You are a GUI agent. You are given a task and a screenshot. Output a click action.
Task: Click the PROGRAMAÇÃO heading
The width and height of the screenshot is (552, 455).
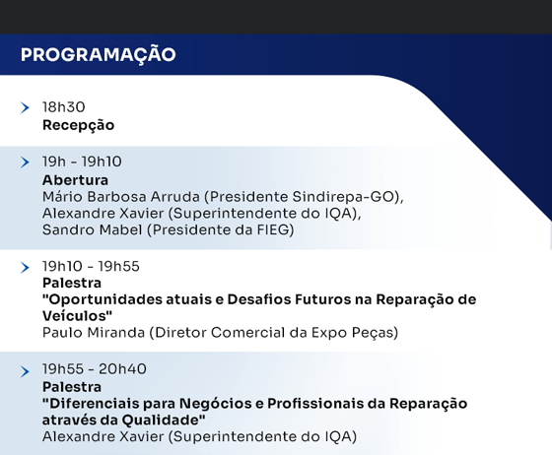coord(99,55)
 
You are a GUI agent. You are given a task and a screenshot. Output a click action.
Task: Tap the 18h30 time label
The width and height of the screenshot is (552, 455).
coord(64,107)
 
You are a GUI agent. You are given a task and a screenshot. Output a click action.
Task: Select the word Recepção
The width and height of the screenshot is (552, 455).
coord(78,126)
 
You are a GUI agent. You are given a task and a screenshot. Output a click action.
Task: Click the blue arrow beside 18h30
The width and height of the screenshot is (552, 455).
coord(25,107)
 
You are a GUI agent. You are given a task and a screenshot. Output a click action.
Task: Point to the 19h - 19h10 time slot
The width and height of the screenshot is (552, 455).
coord(82,162)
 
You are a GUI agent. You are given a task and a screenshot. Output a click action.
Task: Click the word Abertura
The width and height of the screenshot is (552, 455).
coord(75,180)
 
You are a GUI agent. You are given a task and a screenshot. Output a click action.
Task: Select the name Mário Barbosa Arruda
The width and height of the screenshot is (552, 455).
coord(121,197)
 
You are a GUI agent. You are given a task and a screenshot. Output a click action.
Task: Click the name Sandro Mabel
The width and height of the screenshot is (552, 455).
coord(93,229)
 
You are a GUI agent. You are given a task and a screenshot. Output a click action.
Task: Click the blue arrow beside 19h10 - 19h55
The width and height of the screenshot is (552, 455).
coord(25,268)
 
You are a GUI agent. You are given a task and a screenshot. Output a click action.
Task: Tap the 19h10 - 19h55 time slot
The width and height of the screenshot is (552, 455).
coord(91,267)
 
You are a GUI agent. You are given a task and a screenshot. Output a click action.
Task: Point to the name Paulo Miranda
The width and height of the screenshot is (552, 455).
coord(94,333)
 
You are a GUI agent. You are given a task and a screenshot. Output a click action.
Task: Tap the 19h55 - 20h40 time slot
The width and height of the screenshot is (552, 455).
coord(95,369)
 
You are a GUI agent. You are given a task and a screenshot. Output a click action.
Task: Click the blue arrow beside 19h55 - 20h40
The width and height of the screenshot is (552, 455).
coord(25,371)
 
